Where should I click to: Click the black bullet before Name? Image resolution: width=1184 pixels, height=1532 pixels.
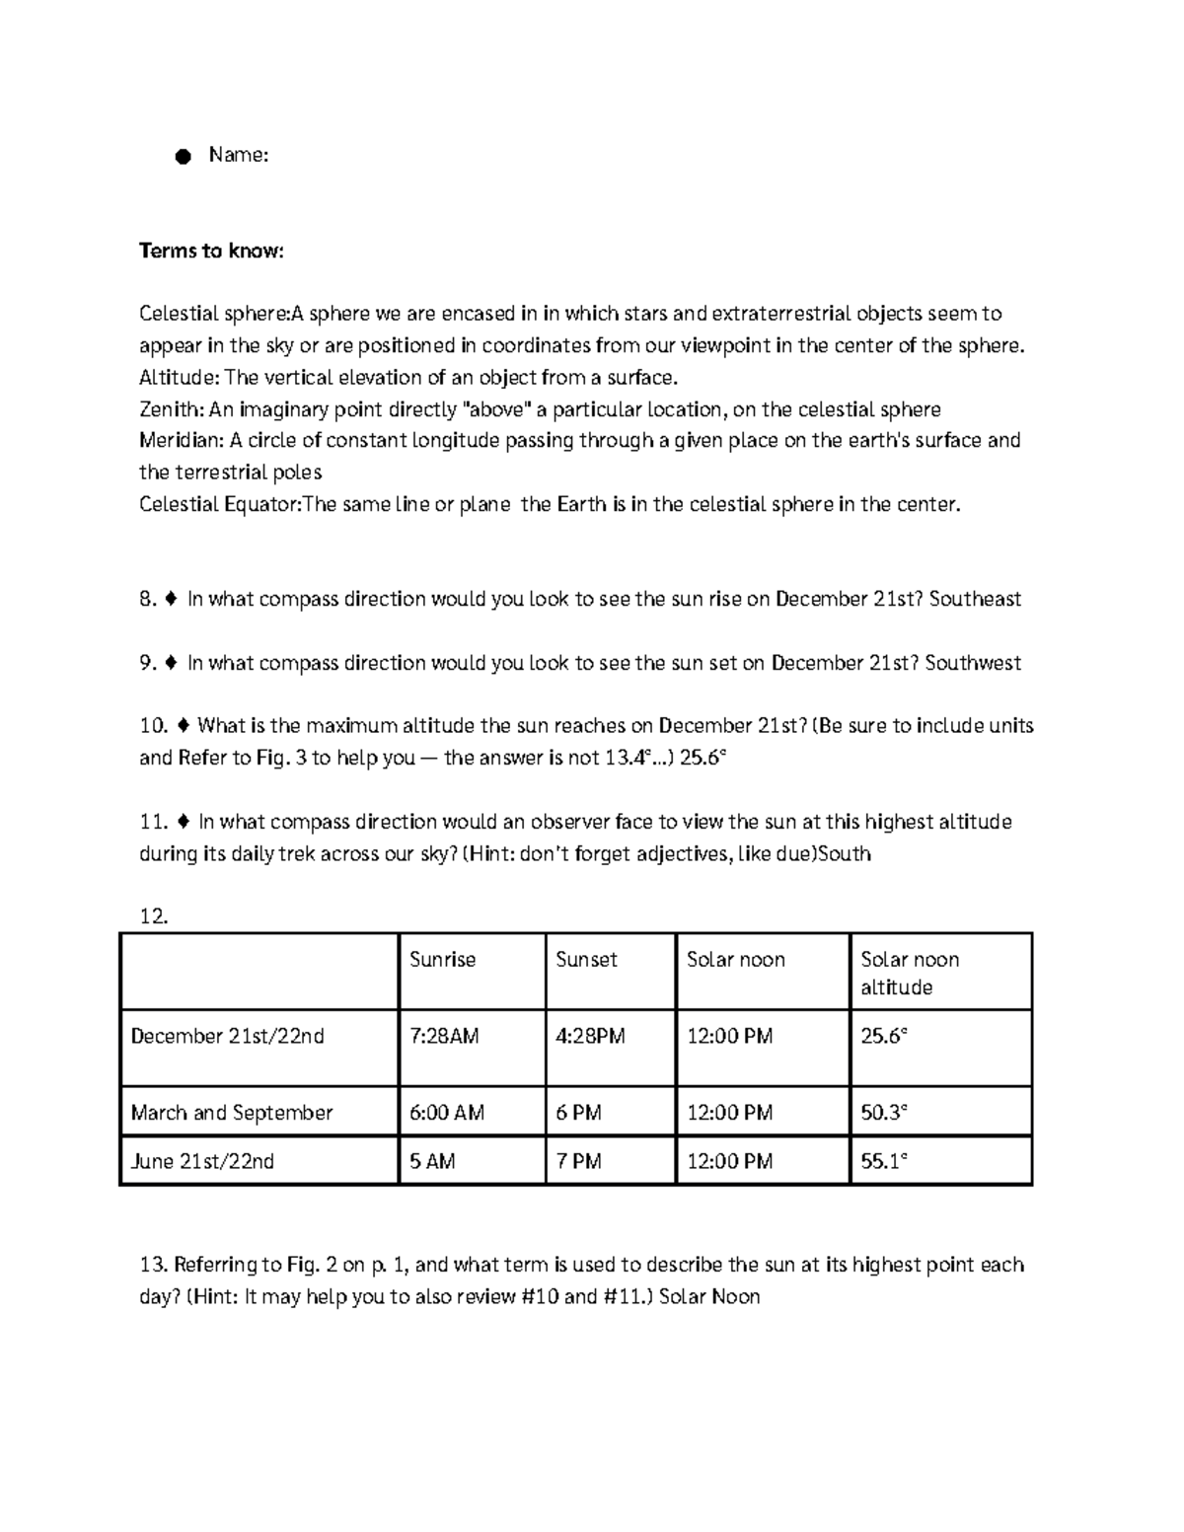tap(183, 157)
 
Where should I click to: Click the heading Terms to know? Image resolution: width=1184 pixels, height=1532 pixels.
tap(211, 251)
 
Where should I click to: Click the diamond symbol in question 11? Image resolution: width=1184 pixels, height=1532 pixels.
tap(183, 822)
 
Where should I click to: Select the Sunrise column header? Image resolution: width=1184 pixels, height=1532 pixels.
tap(442, 960)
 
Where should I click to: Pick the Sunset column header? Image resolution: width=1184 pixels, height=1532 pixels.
tap(586, 960)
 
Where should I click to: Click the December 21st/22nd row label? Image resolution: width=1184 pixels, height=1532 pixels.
tap(228, 1037)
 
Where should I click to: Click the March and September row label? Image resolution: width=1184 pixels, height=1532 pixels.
tap(232, 1113)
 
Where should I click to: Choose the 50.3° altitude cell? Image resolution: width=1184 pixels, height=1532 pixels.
tap(883, 1113)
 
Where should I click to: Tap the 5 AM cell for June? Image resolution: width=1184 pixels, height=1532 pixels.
tap(432, 1162)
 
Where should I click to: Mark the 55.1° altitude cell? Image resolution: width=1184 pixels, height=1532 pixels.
tap(883, 1162)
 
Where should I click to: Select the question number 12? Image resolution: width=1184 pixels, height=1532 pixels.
tap(154, 916)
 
